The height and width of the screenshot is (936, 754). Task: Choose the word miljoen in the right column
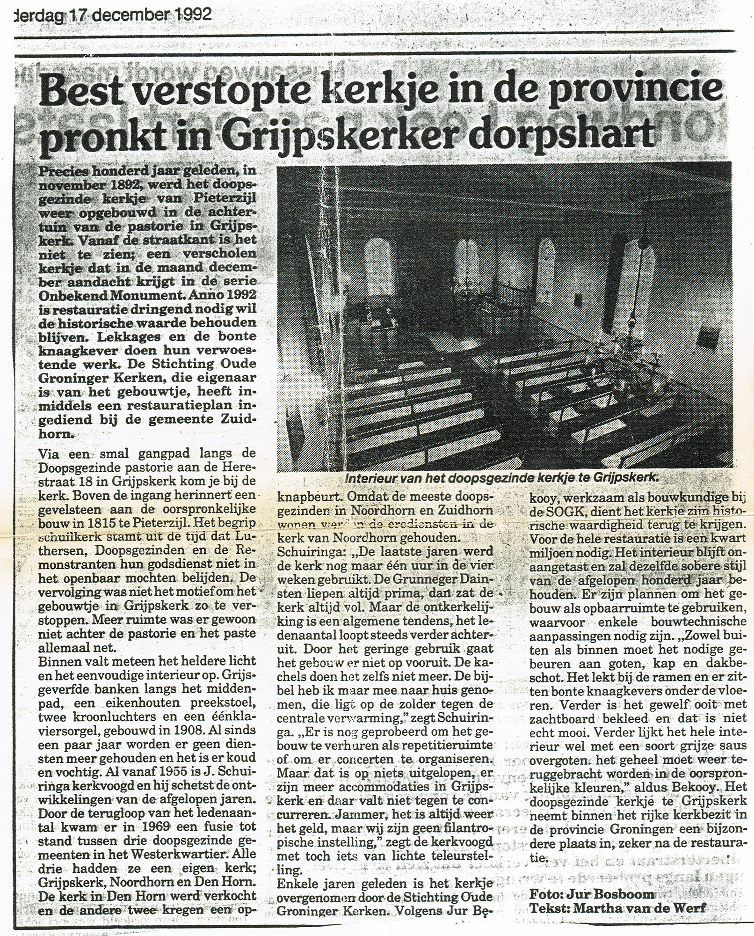[x=551, y=552]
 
